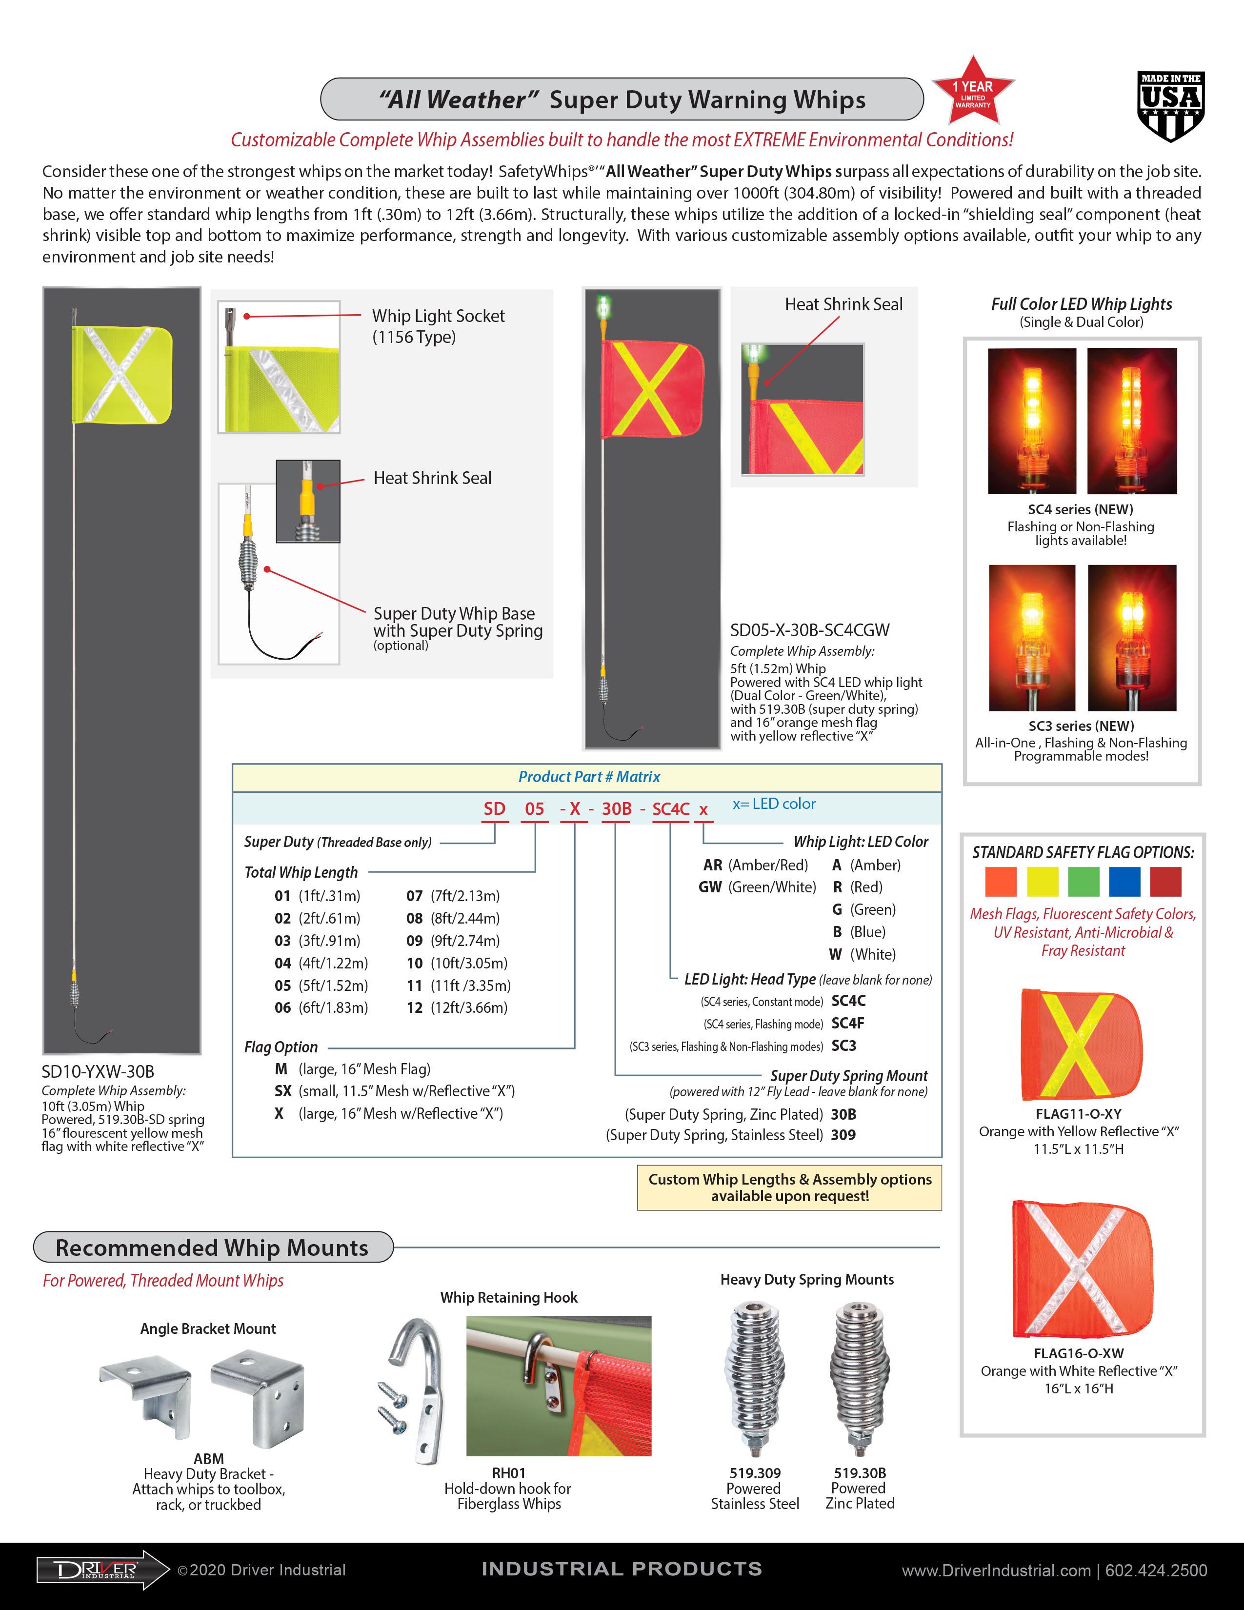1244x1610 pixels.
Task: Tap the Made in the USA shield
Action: tap(1170, 107)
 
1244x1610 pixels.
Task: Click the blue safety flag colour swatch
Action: tap(1124, 882)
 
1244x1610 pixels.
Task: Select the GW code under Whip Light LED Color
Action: tap(710, 887)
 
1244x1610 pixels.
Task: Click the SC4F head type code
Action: tap(847, 1023)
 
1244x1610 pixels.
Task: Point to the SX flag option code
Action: tap(282, 1091)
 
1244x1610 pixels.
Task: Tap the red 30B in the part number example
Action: tap(616, 809)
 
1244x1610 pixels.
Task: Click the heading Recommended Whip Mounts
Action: tap(212, 1248)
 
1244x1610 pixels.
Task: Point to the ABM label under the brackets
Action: tap(209, 1459)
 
